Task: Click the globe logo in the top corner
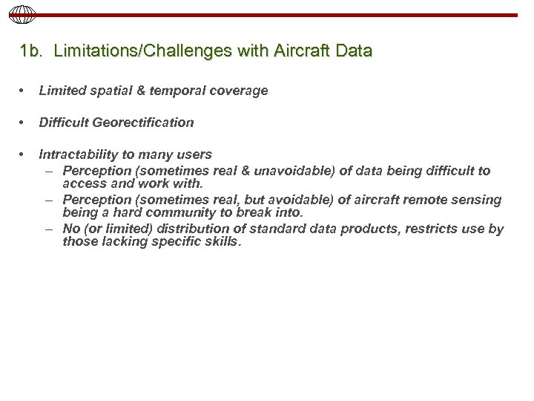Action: pos(16,14)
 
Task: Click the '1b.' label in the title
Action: pos(33,52)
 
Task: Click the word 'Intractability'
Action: pos(76,154)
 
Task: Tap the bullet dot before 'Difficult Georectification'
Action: pos(25,123)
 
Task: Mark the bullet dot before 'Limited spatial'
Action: pos(25,91)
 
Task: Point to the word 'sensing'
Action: pos(476,200)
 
